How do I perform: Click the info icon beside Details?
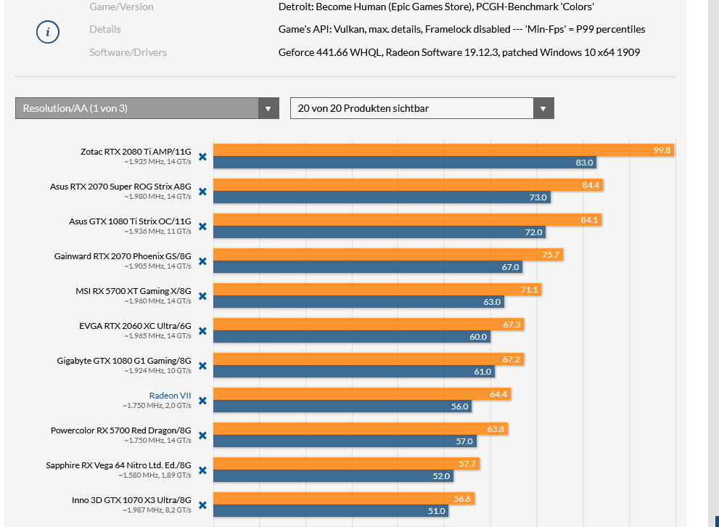pos(48,32)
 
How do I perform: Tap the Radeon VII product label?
pos(170,395)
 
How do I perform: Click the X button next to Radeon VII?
pos(202,401)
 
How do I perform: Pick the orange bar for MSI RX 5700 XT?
pos(377,290)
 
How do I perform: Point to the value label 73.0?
pos(538,197)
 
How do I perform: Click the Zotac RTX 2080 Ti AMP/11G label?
pos(136,152)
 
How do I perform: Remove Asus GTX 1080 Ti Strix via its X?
pos(202,226)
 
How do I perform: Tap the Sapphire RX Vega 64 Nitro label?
pos(118,465)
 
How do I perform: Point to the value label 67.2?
pos(511,359)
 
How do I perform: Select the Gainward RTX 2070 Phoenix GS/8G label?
pos(123,256)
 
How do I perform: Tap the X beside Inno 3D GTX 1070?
pos(202,505)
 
